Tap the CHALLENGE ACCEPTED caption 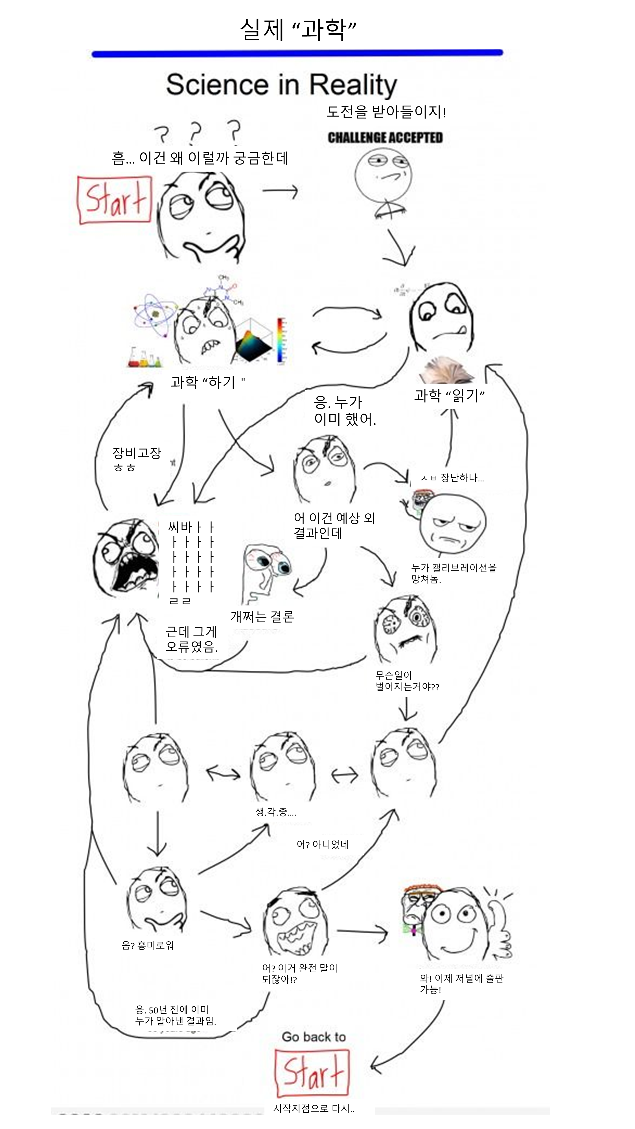pyautogui.click(x=385, y=138)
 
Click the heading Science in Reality pyautogui.click(x=281, y=85)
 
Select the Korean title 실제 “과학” pyautogui.click(x=298, y=30)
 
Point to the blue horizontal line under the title pyautogui.click(x=297, y=53)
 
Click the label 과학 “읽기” pyautogui.click(x=449, y=395)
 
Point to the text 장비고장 pyautogui.click(x=137, y=453)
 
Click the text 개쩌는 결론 pyautogui.click(x=262, y=617)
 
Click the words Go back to pyautogui.click(x=314, y=1037)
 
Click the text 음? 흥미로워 pyautogui.click(x=148, y=945)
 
